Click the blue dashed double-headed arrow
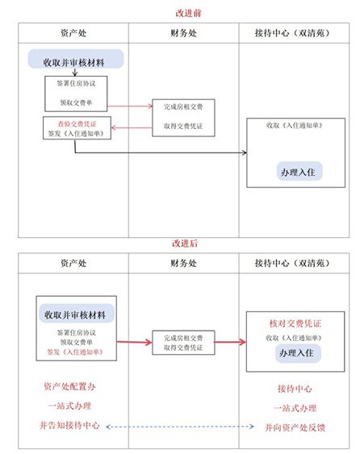point(184,427)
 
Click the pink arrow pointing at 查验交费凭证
point(129,126)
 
